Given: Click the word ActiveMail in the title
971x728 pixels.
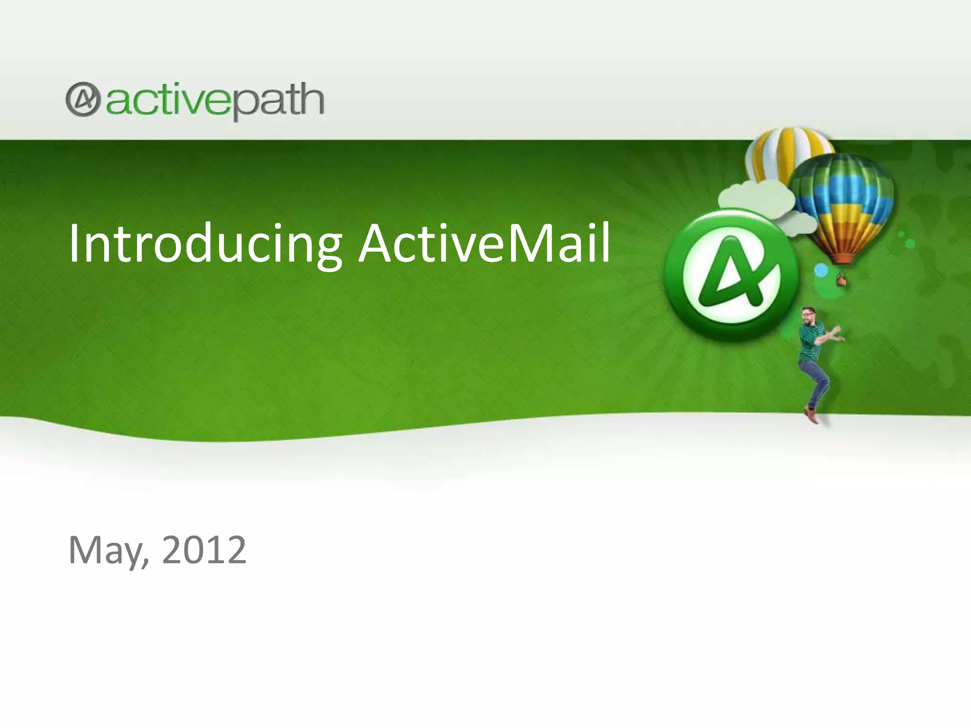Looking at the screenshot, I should (x=484, y=244).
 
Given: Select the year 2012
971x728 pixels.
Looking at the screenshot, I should (x=204, y=550).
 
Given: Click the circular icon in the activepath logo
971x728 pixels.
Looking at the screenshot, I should (x=83, y=100).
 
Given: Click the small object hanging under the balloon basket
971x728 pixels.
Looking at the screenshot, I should (x=842, y=280).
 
